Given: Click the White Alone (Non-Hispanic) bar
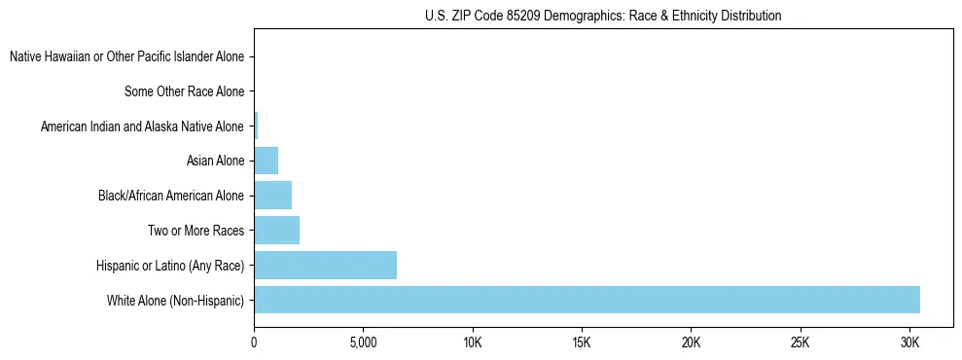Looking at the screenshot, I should pos(587,300).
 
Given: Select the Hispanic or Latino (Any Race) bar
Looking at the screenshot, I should pos(325,266).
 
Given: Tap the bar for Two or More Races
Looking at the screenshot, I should pos(276,231).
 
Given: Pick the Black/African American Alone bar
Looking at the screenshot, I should pos(272,196).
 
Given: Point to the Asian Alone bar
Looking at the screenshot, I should pos(266,161).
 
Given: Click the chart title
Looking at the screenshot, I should pos(603,16).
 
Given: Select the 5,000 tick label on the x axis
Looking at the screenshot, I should pos(363,343).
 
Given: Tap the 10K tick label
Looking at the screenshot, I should pos(473,343).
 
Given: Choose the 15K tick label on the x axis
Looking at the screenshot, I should pos(582,343).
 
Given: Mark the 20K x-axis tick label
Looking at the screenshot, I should pos(691,343).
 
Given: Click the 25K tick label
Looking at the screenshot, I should pos(801,343).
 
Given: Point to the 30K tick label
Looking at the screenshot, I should pos(909,343).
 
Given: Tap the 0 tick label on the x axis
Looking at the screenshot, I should pos(254,343).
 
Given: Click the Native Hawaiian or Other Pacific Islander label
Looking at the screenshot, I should pos(126,57).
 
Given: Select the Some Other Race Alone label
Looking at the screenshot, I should pos(184,92).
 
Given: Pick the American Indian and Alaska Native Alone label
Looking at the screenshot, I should pos(142,126).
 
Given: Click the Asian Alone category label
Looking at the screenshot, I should pos(215,162).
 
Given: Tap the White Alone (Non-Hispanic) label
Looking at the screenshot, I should pos(175,301).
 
